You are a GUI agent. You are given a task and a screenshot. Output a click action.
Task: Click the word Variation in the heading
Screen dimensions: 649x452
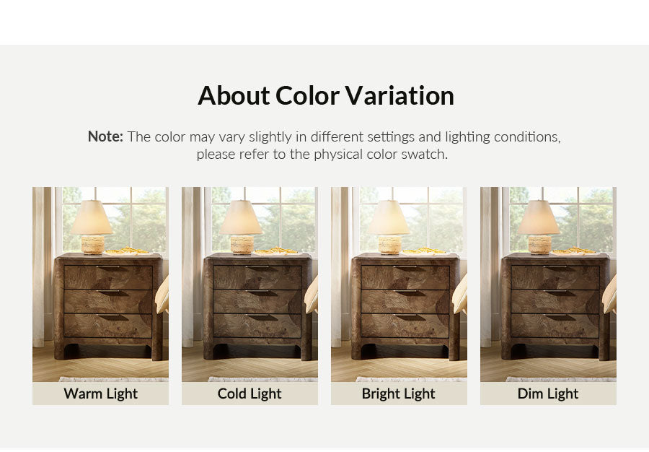coord(399,96)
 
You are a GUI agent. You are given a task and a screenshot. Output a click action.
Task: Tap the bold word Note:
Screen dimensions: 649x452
coord(105,136)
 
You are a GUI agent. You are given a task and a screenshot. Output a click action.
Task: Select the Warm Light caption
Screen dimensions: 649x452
coord(100,394)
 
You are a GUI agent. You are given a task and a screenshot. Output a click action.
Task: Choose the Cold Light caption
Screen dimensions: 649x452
coord(250,394)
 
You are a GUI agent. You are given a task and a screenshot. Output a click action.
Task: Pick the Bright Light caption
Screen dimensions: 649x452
coord(398,394)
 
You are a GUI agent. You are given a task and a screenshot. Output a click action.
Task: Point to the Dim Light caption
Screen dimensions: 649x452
coord(548,394)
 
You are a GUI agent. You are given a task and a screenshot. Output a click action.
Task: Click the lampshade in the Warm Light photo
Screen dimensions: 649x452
coord(92,217)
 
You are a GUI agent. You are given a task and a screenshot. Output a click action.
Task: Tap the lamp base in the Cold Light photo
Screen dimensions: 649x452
coord(242,245)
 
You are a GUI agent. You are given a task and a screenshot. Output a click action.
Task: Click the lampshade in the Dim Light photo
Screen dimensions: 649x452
coord(539,217)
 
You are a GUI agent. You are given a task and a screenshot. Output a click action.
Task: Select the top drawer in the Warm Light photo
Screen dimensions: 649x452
coord(108,277)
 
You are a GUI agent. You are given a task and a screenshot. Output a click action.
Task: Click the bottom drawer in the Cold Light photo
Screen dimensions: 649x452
coord(257,326)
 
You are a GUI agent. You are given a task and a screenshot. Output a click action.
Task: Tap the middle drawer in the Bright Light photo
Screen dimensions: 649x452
coord(405,301)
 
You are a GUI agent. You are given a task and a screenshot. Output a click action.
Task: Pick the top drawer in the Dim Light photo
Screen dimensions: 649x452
coord(555,277)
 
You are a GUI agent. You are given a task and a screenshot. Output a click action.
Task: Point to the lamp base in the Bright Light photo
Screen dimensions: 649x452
coord(389,245)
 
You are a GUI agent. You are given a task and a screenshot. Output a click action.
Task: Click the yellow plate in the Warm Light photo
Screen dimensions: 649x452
coord(126,251)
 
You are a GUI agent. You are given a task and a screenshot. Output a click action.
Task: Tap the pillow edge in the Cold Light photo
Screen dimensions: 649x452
coord(312,295)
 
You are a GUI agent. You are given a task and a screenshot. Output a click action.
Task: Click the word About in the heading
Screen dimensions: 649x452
coord(234,96)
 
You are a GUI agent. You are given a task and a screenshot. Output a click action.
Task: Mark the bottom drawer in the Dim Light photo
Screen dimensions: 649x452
coord(555,326)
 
